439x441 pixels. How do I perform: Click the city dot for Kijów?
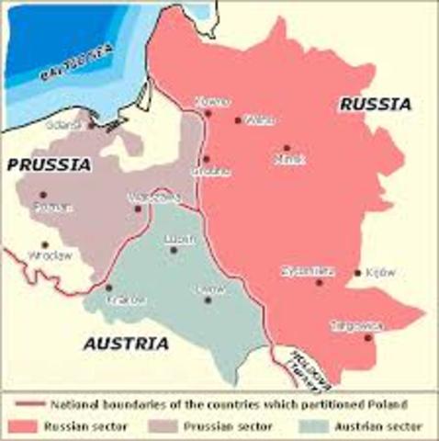pyautogui.click(x=357, y=273)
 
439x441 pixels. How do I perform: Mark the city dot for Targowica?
pyautogui.click(x=366, y=337)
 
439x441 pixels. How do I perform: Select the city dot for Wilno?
pyautogui.click(x=238, y=119)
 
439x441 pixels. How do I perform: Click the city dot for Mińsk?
pyautogui.click(x=287, y=147)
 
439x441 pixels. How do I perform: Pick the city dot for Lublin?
pyautogui.click(x=173, y=250)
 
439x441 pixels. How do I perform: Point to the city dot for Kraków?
pyautogui.click(x=109, y=287)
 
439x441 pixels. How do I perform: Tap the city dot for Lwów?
pyautogui.click(x=208, y=300)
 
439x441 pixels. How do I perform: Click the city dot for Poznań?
pyautogui.click(x=42, y=195)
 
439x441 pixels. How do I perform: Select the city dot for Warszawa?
pyautogui.click(x=139, y=208)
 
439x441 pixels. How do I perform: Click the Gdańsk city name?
pyautogui.click(x=71, y=124)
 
